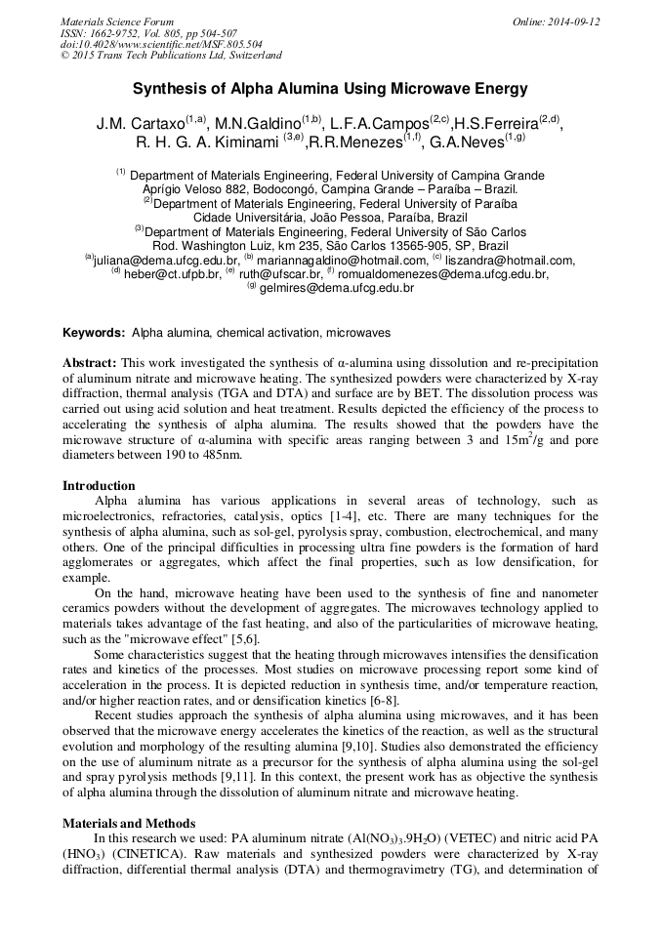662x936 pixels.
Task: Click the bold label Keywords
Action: pos(94,333)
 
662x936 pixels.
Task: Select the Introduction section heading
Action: pos(100,485)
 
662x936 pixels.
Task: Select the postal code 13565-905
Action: pos(398,246)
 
